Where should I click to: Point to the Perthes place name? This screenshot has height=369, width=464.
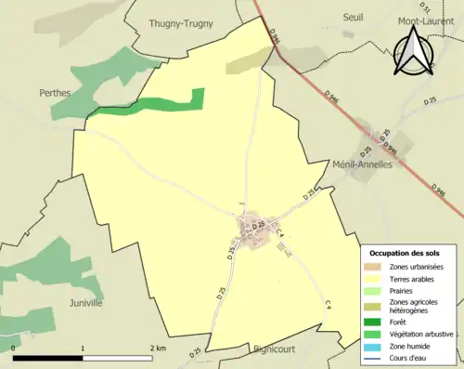pos(58,94)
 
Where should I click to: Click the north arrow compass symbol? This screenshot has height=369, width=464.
pos(415,54)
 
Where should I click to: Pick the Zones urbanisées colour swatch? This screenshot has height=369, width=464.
pos(377,267)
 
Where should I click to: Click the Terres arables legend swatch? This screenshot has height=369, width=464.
pos(377,278)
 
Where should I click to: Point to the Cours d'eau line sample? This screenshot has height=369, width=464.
pos(377,356)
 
